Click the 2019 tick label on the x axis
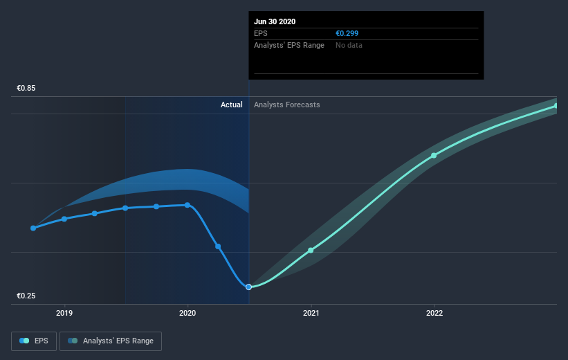pyautogui.click(x=64, y=313)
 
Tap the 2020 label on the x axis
pyautogui.click(x=187, y=313)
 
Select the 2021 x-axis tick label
pyautogui.click(x=311, y=313)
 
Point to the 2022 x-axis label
pyautogui.click(x=434, y=313)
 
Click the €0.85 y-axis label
pyautogui.click(x=26, y=88)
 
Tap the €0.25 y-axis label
pyautogui.click(x=26, y=296)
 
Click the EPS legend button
pyautogui.click(x=34, y=341)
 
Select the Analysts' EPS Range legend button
pyautogui.click(x=111, y=341)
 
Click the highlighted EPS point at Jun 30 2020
pyautogui.click(x=248, y=287)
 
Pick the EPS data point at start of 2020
pyautogui.click(x=187, y=205)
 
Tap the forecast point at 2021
pyautogui.click(x=311, y=251)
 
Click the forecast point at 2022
pyautogui.click(x=434, y=156)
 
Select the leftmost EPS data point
pyautogui.click(x=33, y=228)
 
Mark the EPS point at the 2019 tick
pyautogui.click(x=64, y=219)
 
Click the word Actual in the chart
pyautogui.click(x=232, y=105)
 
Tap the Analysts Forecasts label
pyautogui.click(x=287, y=105)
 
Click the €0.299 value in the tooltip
pyautogui.click(x=347, y=33)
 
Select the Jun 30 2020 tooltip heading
pyautogui.click(x=275, y=21)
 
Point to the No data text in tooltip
pyautogui.click(x=349, y=45)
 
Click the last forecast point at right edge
pyautogui.click(x=556, y=106)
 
